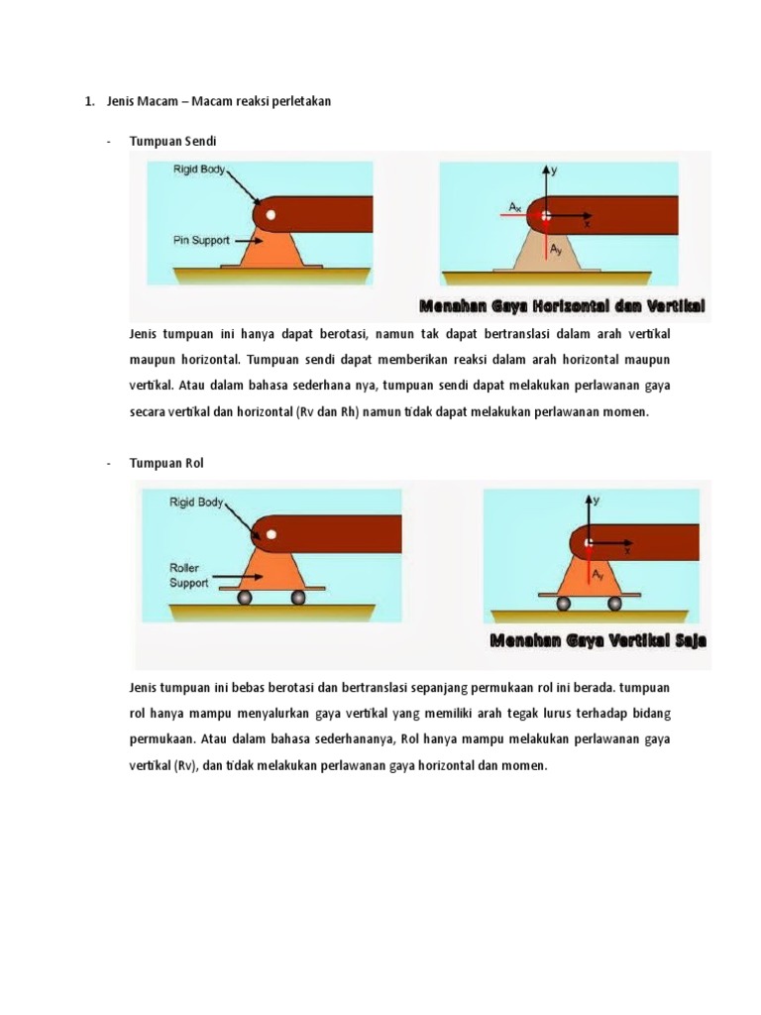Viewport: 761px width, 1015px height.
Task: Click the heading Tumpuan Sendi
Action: (x=172, y=142)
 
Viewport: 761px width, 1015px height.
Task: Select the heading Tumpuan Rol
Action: (x=166, y=463)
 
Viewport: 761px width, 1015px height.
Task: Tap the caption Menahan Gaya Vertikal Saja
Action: (x=598, y=640)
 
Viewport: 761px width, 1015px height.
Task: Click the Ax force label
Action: (x=515, y=206)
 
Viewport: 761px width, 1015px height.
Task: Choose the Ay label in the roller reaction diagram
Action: (x=598, y=574)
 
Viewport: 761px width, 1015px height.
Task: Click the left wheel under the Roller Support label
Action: (x=244, y=598)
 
